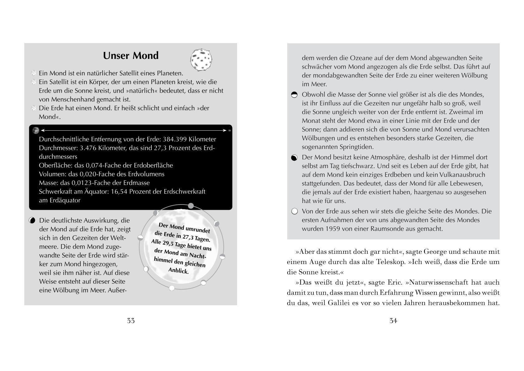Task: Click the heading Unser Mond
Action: click(131, 55)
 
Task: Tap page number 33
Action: click(131, 320)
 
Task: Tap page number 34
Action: click(393, 320)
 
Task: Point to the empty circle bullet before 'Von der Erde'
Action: click(294, 211)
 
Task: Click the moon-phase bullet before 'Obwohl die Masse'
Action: click(294, 95)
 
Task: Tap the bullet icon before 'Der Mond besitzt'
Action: click(294, 158)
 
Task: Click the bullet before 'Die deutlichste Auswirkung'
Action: click(32, 220)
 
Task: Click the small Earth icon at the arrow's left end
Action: click(36, 130)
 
